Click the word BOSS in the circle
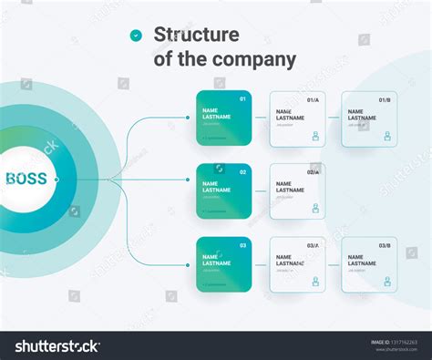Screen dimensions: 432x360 tap(27, 179)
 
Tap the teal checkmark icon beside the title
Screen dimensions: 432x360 tap(136, 36)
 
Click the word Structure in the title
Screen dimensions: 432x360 tap(196, 35)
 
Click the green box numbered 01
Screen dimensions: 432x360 tap(223, 118)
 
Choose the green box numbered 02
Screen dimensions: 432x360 tap(223, 191)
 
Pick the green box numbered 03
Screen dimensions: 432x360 tap(223, 264)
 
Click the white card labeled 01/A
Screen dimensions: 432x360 tap(297, 118)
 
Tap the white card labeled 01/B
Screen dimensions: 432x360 tap(369, 118)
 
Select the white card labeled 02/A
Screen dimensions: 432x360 tap(297, 191)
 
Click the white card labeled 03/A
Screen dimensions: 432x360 tap(297, 264)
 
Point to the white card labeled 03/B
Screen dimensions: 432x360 tap(369, 264)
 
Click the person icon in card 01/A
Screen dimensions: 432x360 tap(315, 136)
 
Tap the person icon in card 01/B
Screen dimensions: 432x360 tap(387, 136)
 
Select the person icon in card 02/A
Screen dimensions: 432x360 tap(315, 209)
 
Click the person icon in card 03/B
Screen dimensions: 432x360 tap(387, 282)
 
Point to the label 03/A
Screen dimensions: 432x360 tap(313, 245)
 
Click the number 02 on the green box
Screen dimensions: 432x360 tap(242, 171)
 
